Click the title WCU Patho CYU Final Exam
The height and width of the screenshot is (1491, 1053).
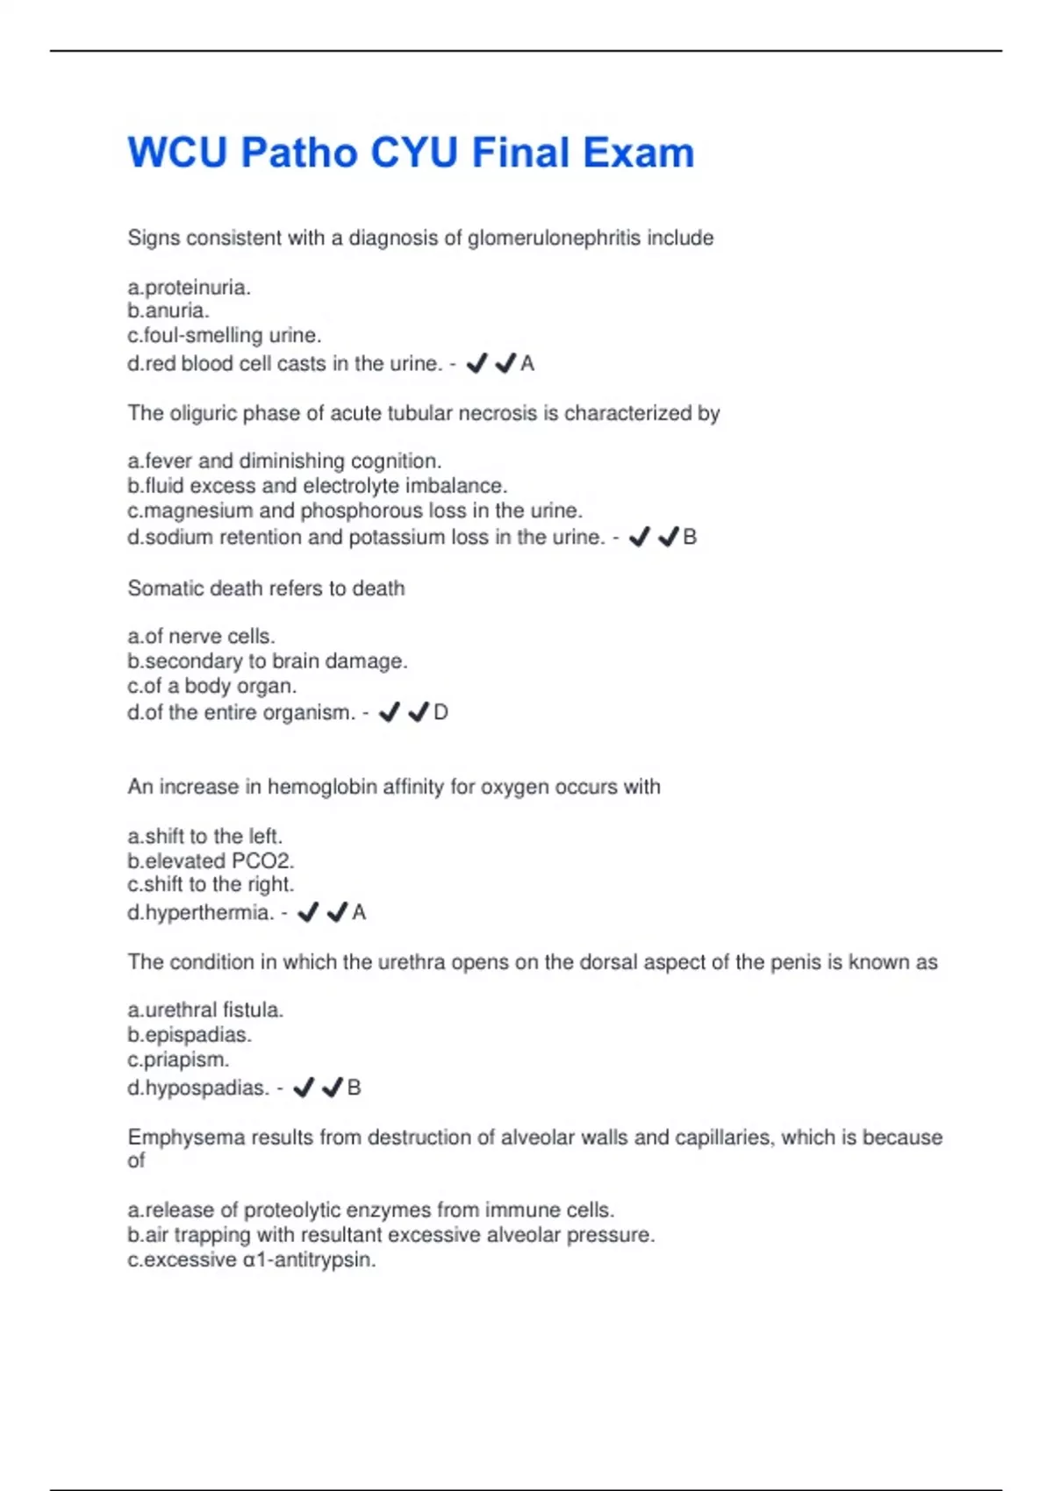point(411,153)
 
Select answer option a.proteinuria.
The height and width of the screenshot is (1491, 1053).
point(189,287)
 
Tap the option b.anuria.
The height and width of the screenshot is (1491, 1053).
point(168,310)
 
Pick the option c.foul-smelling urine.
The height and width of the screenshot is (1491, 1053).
point(225,335)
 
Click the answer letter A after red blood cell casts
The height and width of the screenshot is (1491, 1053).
point(527,363)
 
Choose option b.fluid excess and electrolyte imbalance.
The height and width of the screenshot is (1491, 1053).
point(317,486)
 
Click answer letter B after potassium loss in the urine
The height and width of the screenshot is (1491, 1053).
point(690,537)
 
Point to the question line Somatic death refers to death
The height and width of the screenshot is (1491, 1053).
point(266,588)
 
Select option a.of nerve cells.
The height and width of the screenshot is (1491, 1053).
point(201,636)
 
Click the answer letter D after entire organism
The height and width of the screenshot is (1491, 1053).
point(441,712)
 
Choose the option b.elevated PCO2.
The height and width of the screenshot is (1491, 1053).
point(211,860)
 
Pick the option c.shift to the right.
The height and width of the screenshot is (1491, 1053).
point(211,884)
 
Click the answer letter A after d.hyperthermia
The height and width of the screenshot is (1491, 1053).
point(359,912)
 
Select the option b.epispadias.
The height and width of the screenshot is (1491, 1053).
point(190,1034)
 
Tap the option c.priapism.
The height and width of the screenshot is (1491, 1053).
point(178,1059)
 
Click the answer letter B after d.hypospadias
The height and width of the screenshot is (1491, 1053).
point(355,1088)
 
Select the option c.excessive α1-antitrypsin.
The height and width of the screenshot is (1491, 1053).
point(251,1259)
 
